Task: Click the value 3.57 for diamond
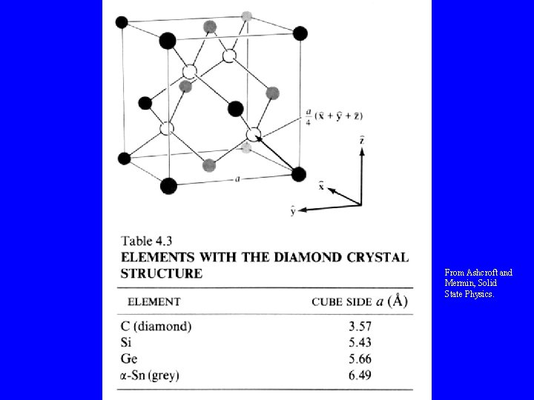click(359, 326)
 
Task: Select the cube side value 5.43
click(359, 341)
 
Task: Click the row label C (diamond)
click(156, 326)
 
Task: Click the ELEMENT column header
click(154, 301)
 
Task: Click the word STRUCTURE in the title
click(161, 273)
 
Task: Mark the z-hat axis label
click(361, 139)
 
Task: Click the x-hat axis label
click(320, 186)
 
